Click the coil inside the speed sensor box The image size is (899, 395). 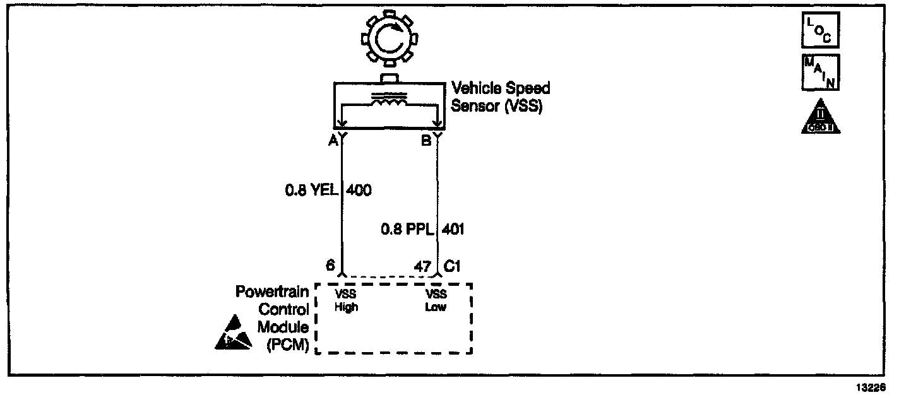[388, 100]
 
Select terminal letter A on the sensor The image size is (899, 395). [332, 141]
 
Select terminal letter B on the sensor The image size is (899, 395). [427, 141]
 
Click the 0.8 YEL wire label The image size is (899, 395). [311, 189]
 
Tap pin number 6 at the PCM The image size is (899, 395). [330, 266]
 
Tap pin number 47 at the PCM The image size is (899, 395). [421, 266]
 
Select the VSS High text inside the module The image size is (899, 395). [347, 301]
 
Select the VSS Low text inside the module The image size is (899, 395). [436, 301]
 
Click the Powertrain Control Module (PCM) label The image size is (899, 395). [273, 319]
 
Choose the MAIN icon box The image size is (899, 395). [819, 73]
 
